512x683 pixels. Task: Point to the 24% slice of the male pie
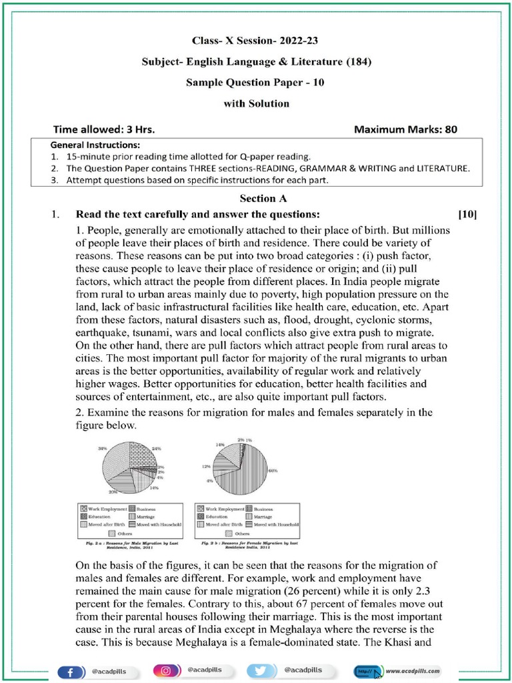142,454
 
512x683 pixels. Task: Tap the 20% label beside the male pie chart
113,492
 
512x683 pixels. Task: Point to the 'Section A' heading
258,198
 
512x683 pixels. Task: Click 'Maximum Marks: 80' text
405,129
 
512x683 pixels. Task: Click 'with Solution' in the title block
256,103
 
